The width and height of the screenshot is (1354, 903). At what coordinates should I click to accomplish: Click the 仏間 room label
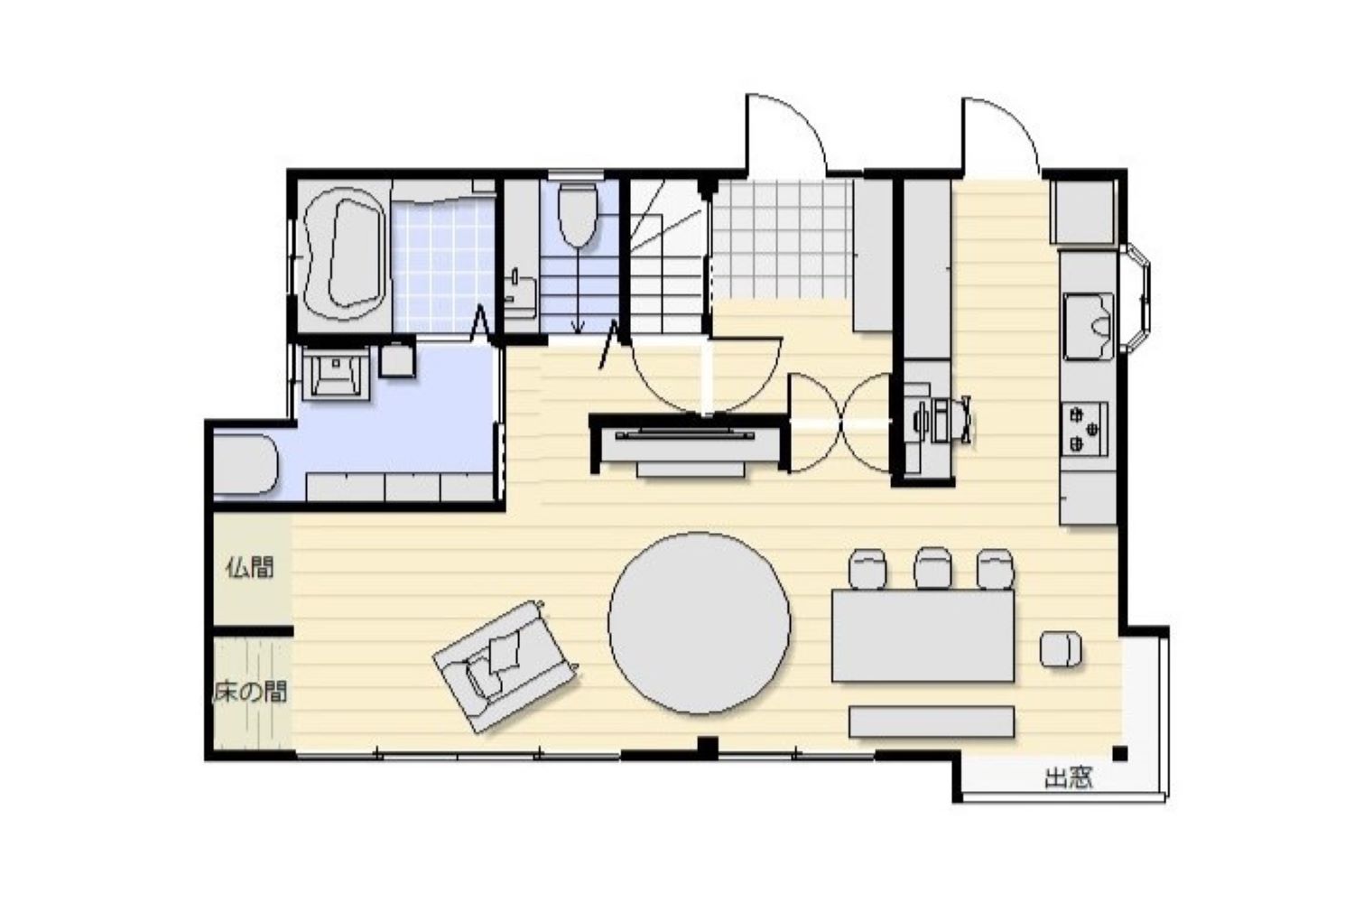[x=250, y=567]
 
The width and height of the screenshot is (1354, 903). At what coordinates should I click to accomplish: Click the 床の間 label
[x=250, y=692]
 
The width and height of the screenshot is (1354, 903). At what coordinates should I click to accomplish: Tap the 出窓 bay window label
[x=1069, y=778]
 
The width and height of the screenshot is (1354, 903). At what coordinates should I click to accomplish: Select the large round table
[x=699, y=623]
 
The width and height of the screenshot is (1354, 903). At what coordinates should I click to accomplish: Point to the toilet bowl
[x=578, y=215]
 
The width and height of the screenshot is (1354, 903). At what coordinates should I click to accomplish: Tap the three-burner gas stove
[x=1086, y=429]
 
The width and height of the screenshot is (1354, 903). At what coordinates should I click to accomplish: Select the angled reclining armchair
[x=505, y=666]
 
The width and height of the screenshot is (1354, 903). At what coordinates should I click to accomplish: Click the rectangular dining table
[x=923, y=636]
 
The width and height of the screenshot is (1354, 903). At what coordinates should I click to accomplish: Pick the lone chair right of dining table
[x=1061, y=649]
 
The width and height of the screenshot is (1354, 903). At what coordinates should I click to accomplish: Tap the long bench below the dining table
[x=932, y=721]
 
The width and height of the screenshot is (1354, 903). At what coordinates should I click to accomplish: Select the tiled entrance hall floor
[x=783, y=239]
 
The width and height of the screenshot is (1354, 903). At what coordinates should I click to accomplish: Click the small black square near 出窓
[x=1120, y=754]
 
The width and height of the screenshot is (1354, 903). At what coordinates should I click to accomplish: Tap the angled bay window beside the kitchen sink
[x=1135, y=298]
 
